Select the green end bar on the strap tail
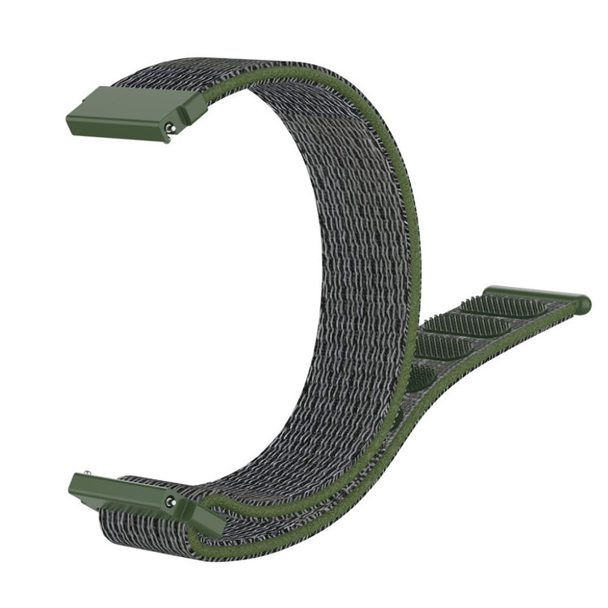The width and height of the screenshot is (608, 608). pos(535,295)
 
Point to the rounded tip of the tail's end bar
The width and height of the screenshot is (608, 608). pos(583,304)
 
